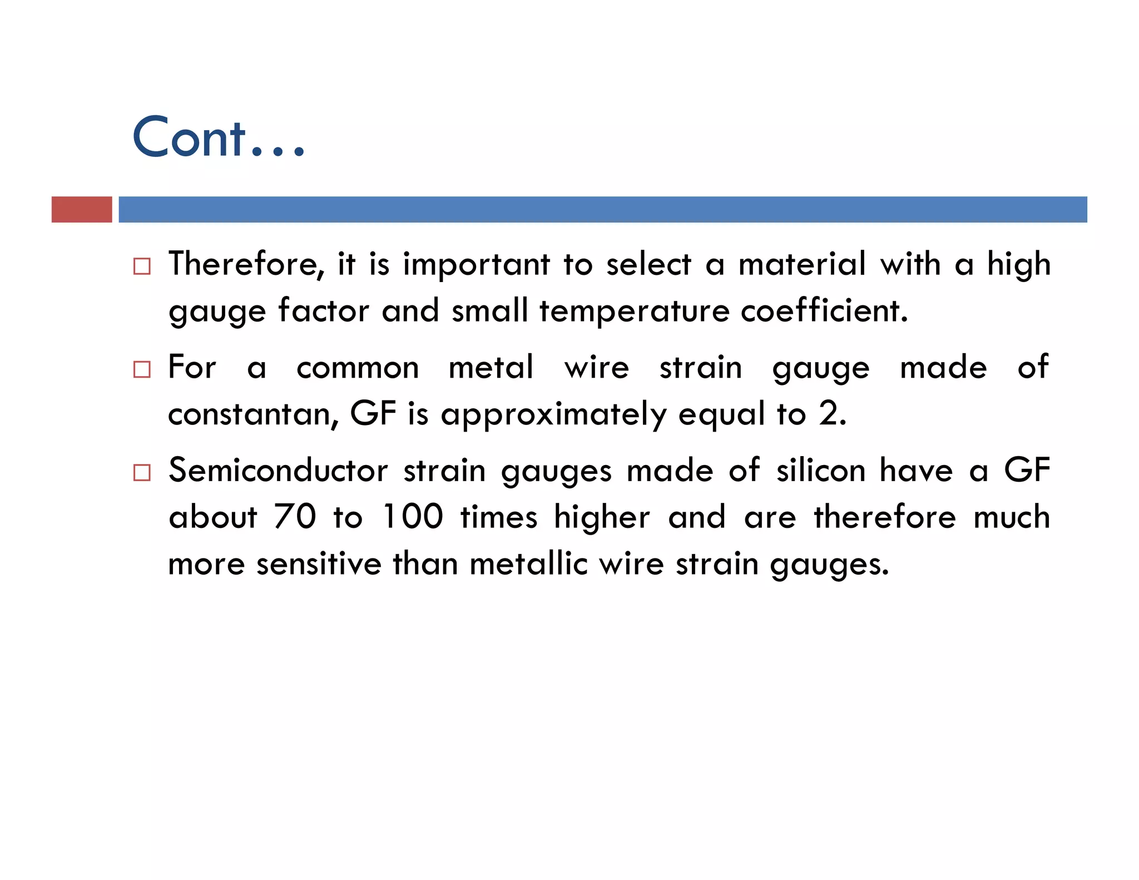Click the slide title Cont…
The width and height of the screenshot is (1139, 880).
tap(219, 137)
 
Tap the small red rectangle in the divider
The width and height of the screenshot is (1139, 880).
tap(82, 210)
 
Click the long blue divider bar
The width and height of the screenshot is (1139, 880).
tap(602, 210)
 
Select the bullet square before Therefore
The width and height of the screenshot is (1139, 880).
tap(142, 266)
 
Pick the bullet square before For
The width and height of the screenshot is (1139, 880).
tap(142, 369)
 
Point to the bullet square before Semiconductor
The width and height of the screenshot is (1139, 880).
tap(142, 473)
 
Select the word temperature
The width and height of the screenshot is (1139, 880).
tap(634, 312)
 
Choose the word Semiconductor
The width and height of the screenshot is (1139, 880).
tap(278, 471)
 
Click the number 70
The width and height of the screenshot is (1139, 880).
tap(295, 517)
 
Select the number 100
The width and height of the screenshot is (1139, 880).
tap(413, 517)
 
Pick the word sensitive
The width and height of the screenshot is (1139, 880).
tap(319, 564)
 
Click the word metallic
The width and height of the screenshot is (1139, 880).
tap(528, 564)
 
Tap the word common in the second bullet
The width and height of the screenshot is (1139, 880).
tap(358, 368)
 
